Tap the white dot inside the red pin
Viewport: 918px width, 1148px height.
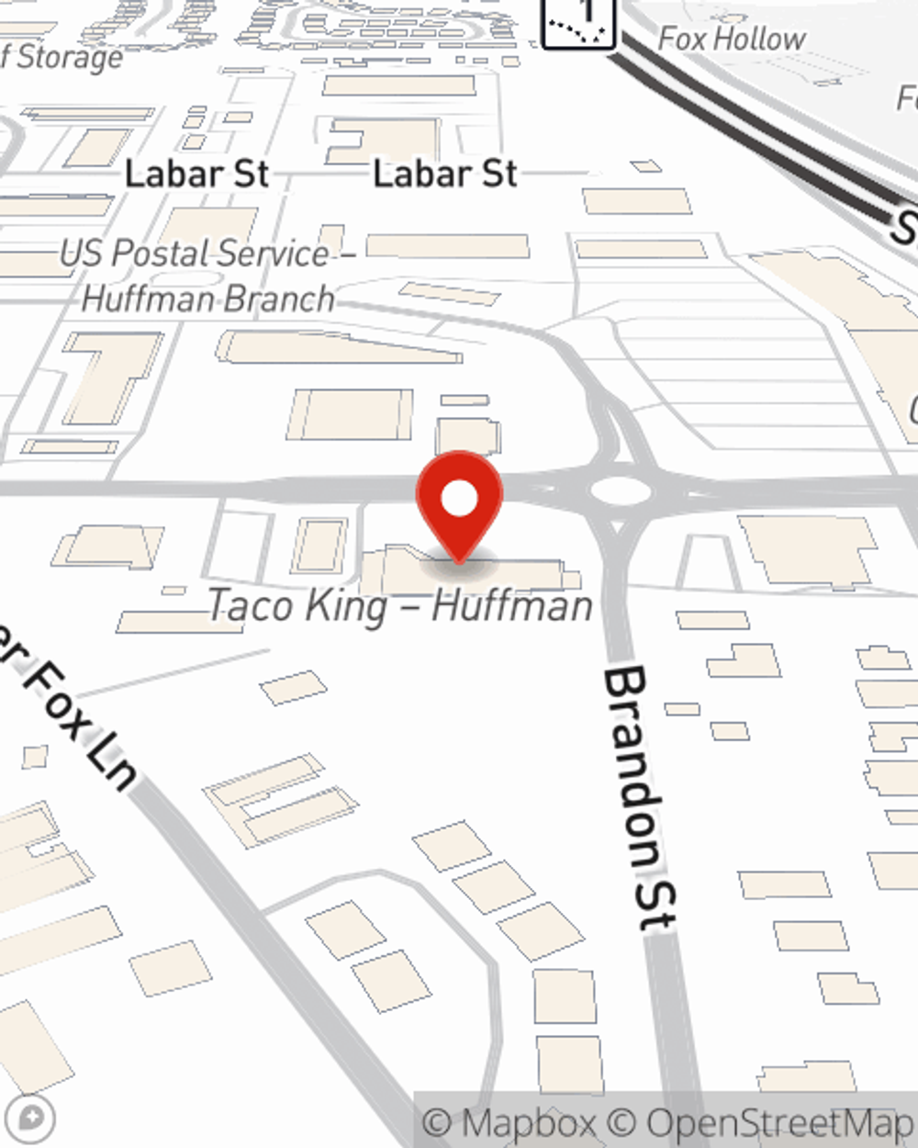click(459, 500)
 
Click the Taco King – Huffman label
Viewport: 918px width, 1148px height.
click(400, 606)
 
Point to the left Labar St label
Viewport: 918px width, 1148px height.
click(196, 174)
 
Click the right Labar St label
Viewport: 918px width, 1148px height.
click(445, 174)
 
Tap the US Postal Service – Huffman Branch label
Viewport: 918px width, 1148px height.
click(207, 276)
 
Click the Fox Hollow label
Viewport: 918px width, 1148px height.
click(732, 39)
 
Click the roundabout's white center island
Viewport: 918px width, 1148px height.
click(621, 491)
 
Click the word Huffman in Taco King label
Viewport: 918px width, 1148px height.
click(512, 606)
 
